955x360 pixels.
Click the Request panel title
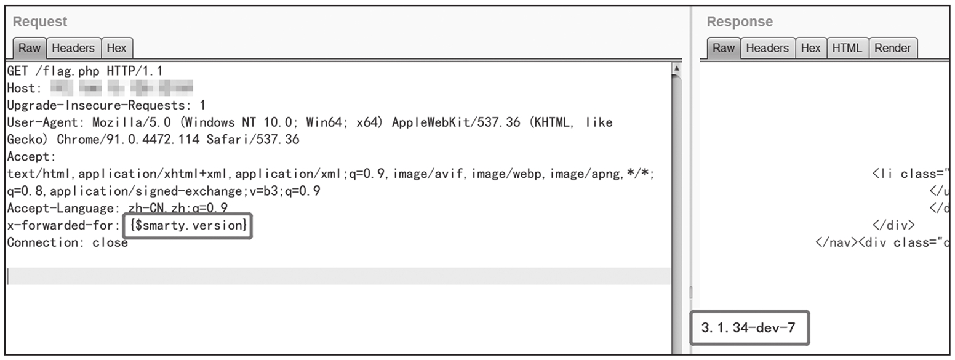pos(40,22)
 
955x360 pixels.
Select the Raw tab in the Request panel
pos(29,48)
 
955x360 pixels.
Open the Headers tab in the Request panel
pos(73,48)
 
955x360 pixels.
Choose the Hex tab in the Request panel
pos(116,48)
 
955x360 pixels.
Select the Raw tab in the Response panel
pos(723,48)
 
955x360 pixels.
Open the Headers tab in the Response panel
pos(767,48)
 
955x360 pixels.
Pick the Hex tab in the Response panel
pos(810,48)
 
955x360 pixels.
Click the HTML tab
pos(847,48)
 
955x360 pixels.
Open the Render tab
pos(892,48)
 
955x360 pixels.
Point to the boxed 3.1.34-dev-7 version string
pos(748,328)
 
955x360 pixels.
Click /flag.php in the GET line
pos(69,71)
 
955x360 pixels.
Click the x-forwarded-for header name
pos(60,226)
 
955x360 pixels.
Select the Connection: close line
pos(68,242)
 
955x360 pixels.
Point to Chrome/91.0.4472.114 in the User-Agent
pos(128,140)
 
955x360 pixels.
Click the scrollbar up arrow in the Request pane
pos(677,68)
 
